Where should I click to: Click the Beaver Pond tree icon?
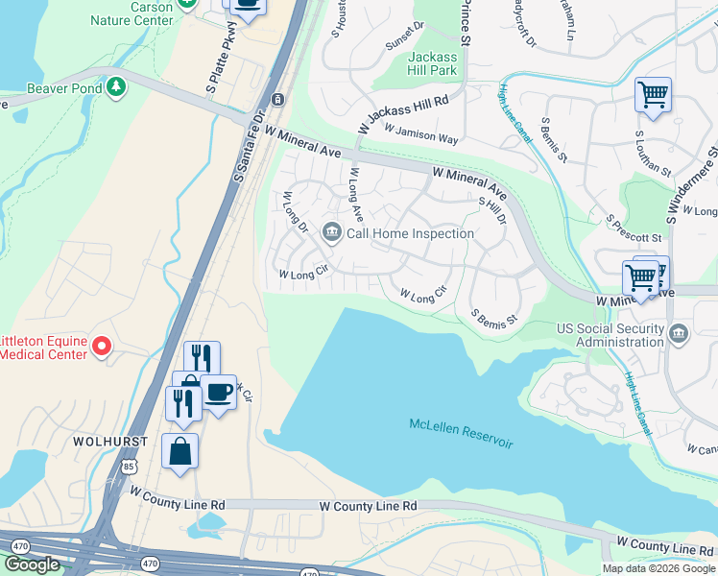pyautogui.click(x=116, y=86)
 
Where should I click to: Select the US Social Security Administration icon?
pyautogui.click(x=679, y=334)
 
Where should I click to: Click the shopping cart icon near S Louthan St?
pyautogui.click(x=653, y=95)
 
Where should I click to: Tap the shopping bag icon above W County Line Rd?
pyautogui.click(x=179, y=450)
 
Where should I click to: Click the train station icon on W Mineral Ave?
pyautogui.click(x=277, y=99)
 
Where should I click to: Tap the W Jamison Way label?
pyautogui.click(x=421, y=132)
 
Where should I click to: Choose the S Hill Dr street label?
pyautogui.click(x=491, y=211)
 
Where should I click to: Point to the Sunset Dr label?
pyautogui.click(x=405, y=36)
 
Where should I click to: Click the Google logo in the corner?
pyautogui.click(x=33, y=564)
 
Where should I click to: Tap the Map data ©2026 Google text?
pyautogui.click(x=658, y=568)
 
